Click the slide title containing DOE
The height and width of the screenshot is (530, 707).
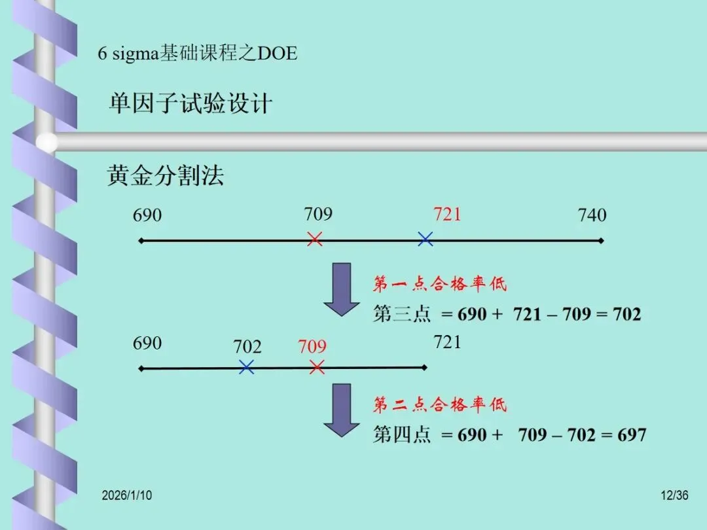click(x=198, y=53)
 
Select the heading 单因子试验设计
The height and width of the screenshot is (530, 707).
click(x=190, y=104)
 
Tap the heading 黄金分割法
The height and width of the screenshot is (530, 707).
click(x=166, y=175)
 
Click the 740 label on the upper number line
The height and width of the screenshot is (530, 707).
click(x=592, y=215)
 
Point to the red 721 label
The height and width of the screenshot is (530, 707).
click(x=447, y=214)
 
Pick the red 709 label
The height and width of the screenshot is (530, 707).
click(x=312, y=346)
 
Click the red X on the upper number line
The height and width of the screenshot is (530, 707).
click(x=315, y=239)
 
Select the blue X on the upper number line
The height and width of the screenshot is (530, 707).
click(x=426, y=239)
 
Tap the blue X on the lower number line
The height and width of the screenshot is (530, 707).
click(x=246, y=367)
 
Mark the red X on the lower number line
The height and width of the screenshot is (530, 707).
click(x=317, y=367)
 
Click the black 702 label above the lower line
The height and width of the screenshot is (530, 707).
click(x=247, y=347)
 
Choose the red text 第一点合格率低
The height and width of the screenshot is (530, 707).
click(x=440, y=284)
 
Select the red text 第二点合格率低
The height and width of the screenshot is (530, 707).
click(x=440, y=405)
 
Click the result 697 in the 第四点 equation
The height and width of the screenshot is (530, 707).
click(x=632, y=435)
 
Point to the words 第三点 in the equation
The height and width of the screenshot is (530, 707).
click(x=402, y=314)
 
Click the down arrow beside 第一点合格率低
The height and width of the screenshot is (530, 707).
click(x=342, y=289)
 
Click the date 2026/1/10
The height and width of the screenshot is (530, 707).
click(x=127, y=495)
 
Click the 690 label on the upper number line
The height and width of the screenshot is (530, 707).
click(x=147, y=215)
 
